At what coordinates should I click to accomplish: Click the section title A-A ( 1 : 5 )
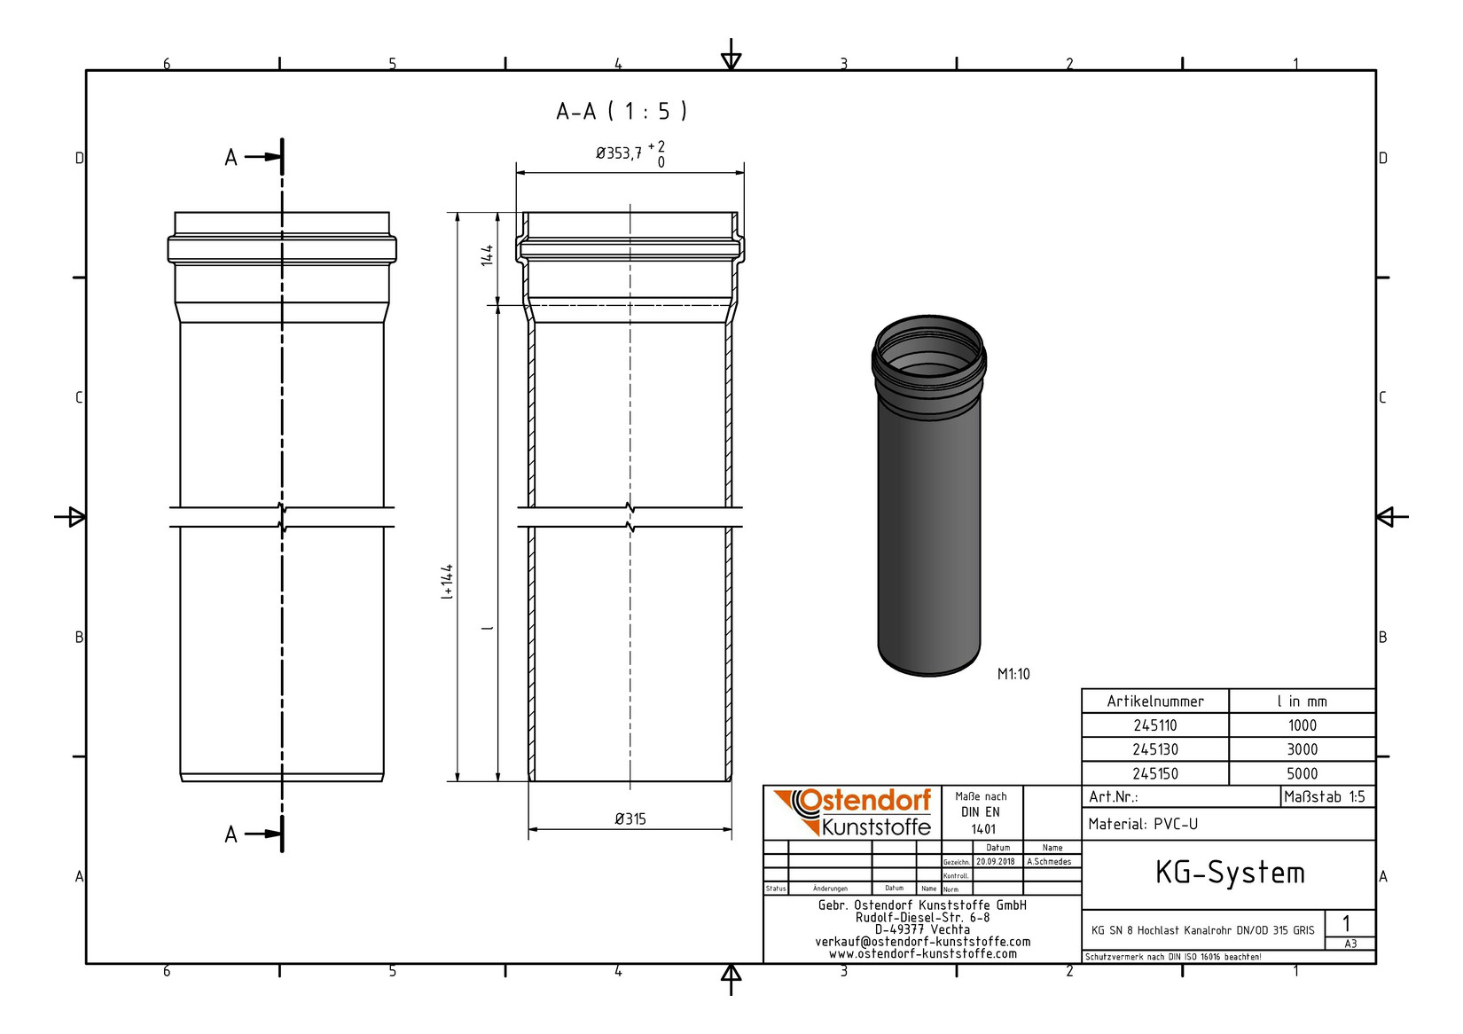621,111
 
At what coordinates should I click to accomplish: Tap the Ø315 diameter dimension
630,819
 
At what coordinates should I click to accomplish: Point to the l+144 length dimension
448,581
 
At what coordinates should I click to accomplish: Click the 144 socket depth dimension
487,256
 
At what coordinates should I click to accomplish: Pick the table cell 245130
1154,749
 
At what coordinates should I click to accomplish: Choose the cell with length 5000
1302,773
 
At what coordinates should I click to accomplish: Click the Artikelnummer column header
1154,701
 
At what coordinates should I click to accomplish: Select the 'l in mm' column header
1302,701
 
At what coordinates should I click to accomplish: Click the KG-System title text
1229,873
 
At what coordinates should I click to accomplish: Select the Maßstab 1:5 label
1325,796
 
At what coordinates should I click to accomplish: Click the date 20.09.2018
996,861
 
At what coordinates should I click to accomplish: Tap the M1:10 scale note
1013,674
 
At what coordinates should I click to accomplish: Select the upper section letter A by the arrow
231,158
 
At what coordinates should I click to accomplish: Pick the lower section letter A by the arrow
231,834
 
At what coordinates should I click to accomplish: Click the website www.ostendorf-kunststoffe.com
922,954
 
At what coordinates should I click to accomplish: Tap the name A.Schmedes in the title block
1049,861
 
